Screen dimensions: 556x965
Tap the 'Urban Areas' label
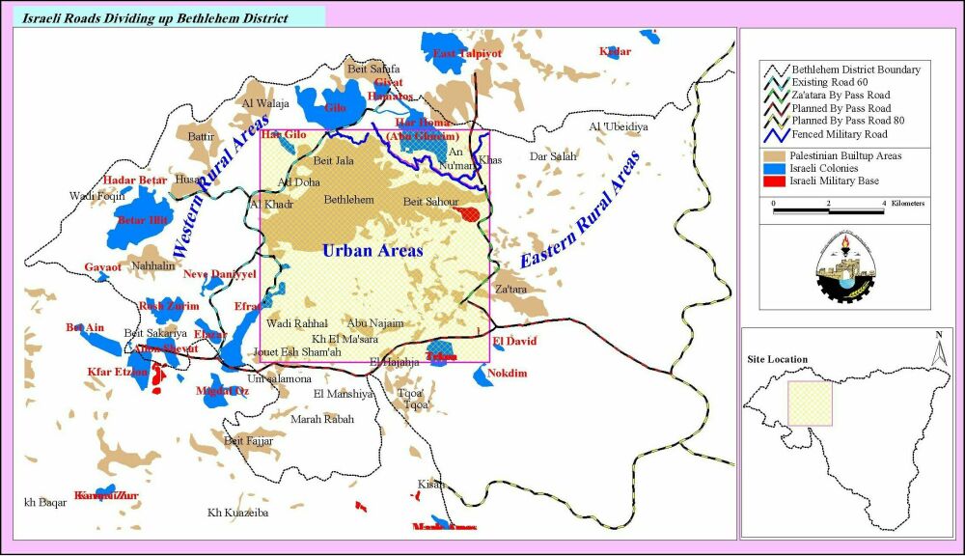click(372, 250)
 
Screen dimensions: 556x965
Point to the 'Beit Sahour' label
click(430, 201)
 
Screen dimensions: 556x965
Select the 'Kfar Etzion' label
click(118, 372)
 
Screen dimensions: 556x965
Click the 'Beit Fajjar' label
click(249, 441)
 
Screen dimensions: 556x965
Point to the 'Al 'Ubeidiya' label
click(619, 126)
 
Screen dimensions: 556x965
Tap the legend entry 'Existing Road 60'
click(828, 83)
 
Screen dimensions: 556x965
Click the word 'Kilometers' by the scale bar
click(907, 204)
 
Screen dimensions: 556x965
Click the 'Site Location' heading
click(778, 359)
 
